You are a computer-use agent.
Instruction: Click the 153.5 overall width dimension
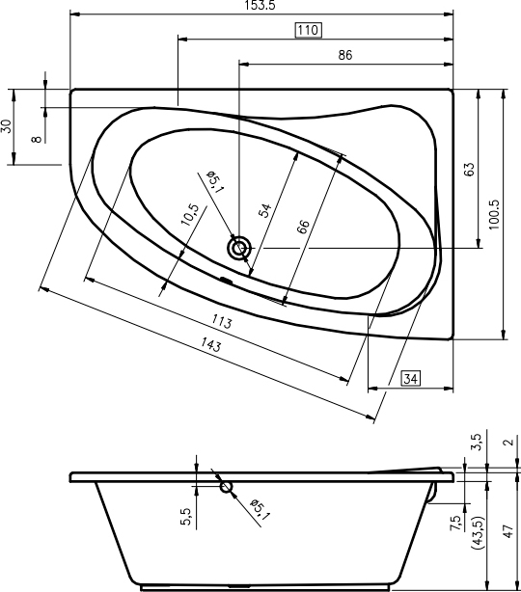tap(260, 5)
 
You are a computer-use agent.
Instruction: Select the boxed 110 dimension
tap(309, 30)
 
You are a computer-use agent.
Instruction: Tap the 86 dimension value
tap(345, 55)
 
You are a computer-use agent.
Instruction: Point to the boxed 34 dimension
tap(411, 378)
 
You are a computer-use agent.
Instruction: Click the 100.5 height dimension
tap(494, 214)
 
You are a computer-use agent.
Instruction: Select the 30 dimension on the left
tap(7, 126)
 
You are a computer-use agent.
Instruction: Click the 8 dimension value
tap(37, 139)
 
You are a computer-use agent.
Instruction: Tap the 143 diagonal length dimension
tap(210, 344)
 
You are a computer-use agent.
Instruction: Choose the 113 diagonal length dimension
tap(221, 322)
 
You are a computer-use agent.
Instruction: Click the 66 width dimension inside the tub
tap(303, 227)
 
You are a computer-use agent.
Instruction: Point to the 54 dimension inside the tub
tap(265, 210)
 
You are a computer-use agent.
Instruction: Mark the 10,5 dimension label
tap(190, 214)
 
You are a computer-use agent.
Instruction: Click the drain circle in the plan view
tap(239, 248)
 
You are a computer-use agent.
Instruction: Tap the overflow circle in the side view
tap(226, 487)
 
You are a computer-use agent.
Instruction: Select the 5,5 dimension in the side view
tap(186, 517)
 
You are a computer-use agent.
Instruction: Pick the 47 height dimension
tap(508, 531)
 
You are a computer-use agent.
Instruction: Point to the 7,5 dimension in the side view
tap(456, 524)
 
